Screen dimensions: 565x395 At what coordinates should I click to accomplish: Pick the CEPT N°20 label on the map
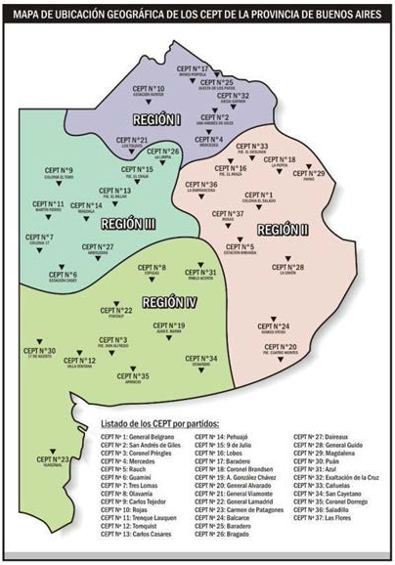pyautogui.click(x=280, y=347)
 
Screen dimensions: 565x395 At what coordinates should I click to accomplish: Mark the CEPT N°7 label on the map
pyautogui.click(x=40, y=238)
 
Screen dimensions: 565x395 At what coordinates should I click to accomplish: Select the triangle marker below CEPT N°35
pyautogui.click(x=132, y=389)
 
